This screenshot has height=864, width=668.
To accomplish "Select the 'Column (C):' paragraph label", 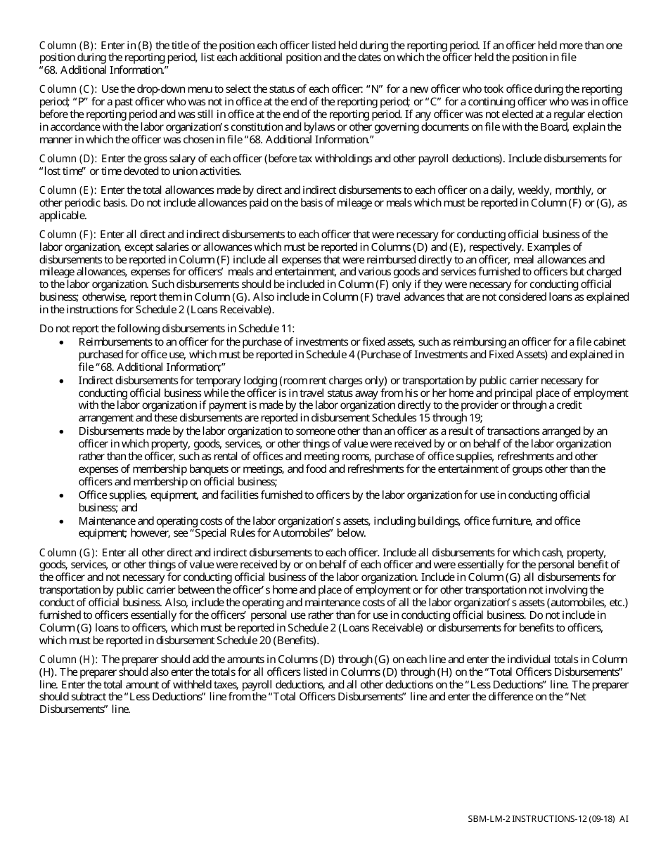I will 68,89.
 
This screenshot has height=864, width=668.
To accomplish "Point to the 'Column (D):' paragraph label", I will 68,159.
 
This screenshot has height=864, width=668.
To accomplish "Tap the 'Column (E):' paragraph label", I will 68,190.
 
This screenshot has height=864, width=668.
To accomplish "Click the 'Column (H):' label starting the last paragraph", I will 68,660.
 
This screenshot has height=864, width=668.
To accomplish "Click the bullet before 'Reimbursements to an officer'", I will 63,342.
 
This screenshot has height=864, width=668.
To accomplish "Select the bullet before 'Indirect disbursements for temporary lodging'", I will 63,381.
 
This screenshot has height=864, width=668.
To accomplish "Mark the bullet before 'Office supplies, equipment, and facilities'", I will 63,496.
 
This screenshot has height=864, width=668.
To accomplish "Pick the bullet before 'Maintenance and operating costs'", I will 63,521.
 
